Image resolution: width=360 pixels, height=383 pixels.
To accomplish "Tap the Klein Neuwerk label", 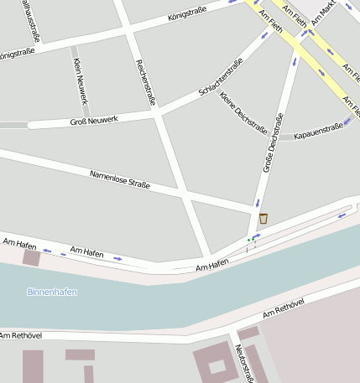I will [81, 81].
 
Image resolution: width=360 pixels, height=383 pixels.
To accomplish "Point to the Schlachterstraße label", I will [221, 78].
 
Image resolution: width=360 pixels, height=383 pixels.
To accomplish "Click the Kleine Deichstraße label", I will [243, 112].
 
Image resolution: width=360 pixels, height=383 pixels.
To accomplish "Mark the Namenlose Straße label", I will [119, 179].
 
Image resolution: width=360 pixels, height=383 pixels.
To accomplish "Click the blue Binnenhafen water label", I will [52, 292].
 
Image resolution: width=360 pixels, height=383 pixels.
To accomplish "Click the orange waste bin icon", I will [263, 219].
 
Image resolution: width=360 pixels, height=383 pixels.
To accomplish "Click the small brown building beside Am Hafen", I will [31, 257].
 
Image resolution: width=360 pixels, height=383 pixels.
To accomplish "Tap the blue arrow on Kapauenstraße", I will [347, 122].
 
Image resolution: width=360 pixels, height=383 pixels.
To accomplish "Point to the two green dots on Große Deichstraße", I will [249, 239].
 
